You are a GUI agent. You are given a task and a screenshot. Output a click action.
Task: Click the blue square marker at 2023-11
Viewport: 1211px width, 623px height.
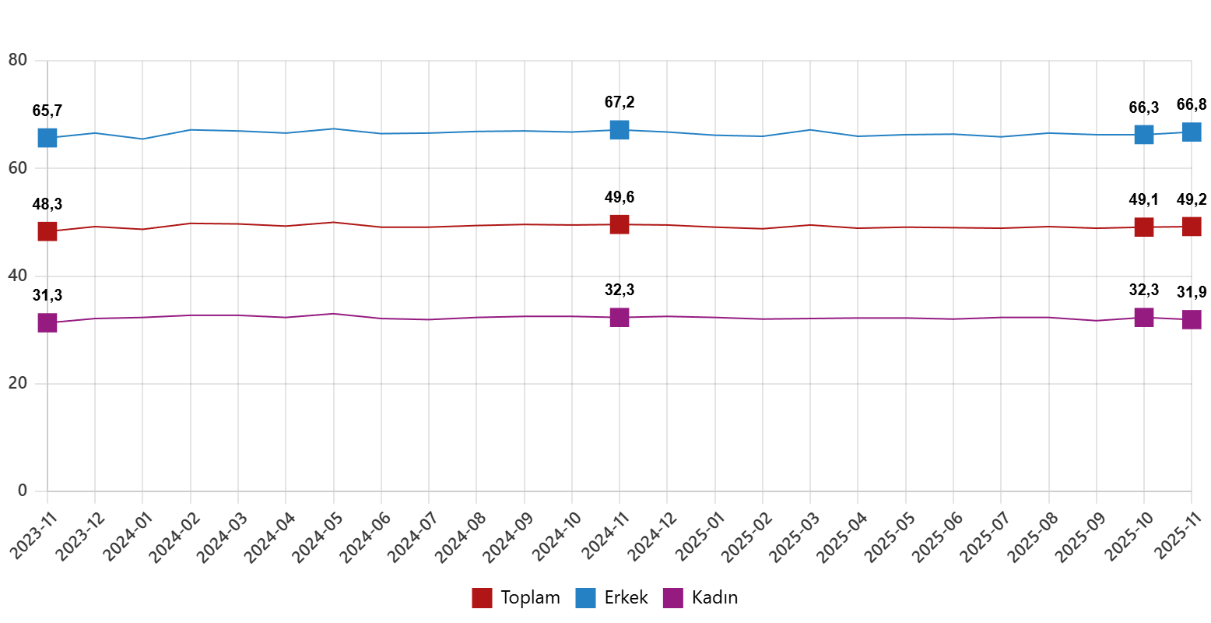pyautogui.click(x=47, y=138)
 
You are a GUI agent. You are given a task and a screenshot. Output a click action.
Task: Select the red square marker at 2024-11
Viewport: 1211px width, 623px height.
pyautogui.click(x=620, y=224)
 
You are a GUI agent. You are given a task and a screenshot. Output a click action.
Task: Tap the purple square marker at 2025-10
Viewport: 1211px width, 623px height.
pyautogui.click(x=1144, y=317)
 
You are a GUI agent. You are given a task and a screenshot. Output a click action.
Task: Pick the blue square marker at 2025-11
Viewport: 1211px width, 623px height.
pyautogui.click(x=1192, y=132)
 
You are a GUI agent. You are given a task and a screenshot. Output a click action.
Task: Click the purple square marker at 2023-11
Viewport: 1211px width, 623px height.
pyautogui.click(x=47, y=322)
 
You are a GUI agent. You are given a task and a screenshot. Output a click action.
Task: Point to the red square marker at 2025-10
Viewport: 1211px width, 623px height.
pyautogui.click(x=1144, y=227)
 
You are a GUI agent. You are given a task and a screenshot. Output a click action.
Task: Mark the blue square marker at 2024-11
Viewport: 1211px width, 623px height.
pyautogui.click(x=620, y=129)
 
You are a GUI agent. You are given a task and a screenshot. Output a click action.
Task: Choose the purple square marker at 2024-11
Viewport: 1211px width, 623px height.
pyautogui.click(x=620, y=317)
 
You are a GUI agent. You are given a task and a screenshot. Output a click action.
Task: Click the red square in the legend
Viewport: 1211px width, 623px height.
pyautogui.click(x=482, y=598)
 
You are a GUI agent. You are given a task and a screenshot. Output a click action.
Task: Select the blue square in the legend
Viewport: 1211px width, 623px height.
pyautogui.click(x=585, y=598)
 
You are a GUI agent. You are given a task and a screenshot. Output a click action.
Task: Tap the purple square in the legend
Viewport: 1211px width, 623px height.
pyautogui.click(x=672, y=598)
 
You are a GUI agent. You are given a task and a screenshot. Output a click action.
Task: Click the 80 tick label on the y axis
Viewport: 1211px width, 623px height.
pyautogui.click(x=17, y=60)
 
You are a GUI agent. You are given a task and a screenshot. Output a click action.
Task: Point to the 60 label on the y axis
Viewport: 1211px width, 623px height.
pyautogui.click(x=17, y=167)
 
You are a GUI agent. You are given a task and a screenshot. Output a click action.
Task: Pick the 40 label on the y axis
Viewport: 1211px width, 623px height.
pyautogui.click(x=17, y=275)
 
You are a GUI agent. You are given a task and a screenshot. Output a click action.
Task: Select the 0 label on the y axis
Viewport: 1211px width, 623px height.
pyautogui.click(x=22, y=490)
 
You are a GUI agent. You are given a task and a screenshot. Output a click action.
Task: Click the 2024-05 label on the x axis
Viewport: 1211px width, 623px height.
pyautogui.click(x=318, y=537)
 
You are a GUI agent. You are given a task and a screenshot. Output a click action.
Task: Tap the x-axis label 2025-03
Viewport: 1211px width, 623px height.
pyautogui.click(x=795, y=537)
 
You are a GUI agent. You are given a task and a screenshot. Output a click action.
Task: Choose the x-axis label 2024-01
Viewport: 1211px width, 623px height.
pyautogui.click(x=127, y=537)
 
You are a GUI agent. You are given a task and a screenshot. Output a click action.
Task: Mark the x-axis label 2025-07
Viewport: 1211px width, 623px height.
pyautogui.click(x=985, y=537)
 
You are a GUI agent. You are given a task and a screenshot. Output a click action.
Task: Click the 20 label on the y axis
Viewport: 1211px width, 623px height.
pyautogui.click(x=17, y=382)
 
